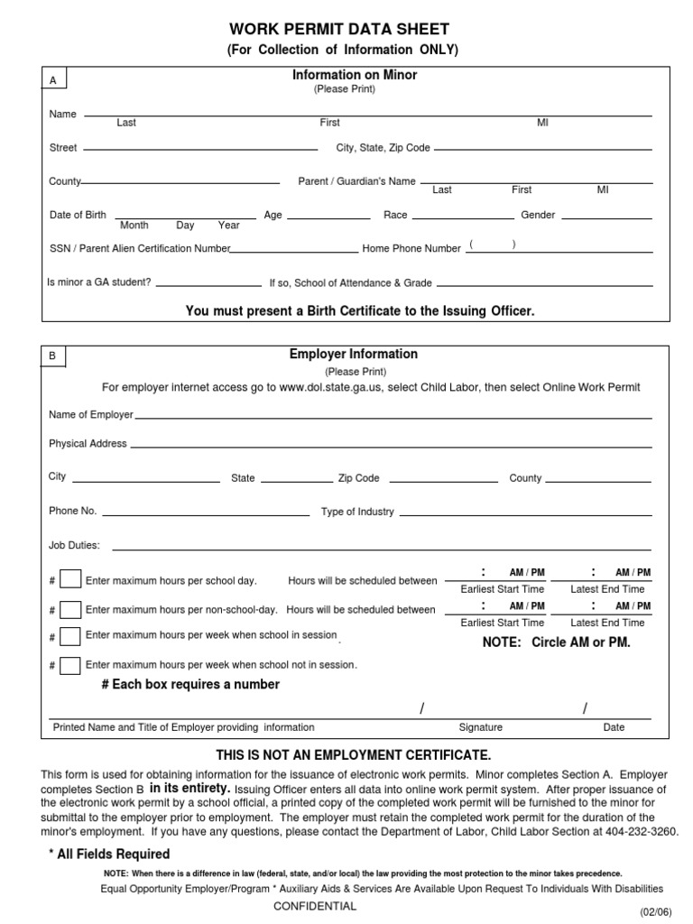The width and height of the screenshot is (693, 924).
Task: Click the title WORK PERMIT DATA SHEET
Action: point(339,30)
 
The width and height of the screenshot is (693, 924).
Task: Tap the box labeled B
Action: point(53,356)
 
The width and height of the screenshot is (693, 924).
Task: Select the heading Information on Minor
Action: point(353,75)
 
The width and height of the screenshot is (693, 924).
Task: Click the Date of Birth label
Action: point(78,215)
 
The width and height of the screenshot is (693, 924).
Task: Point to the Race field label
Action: point(395,215)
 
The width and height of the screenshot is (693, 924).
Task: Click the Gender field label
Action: point(538,215)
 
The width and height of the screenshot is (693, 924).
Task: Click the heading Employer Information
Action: point(354,355)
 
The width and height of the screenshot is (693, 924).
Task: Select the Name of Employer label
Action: point(91,415)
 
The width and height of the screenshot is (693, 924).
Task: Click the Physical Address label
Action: point(88,444)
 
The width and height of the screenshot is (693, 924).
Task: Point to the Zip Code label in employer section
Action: point(359,478)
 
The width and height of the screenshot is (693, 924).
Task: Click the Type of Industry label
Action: point(357,512)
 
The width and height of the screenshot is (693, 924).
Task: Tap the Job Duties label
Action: point(74,545)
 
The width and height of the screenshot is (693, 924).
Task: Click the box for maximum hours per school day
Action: point(71,580)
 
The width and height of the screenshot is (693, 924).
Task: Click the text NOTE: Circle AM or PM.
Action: point(557,642)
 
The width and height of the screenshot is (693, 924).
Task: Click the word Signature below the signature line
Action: point(481,727)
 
